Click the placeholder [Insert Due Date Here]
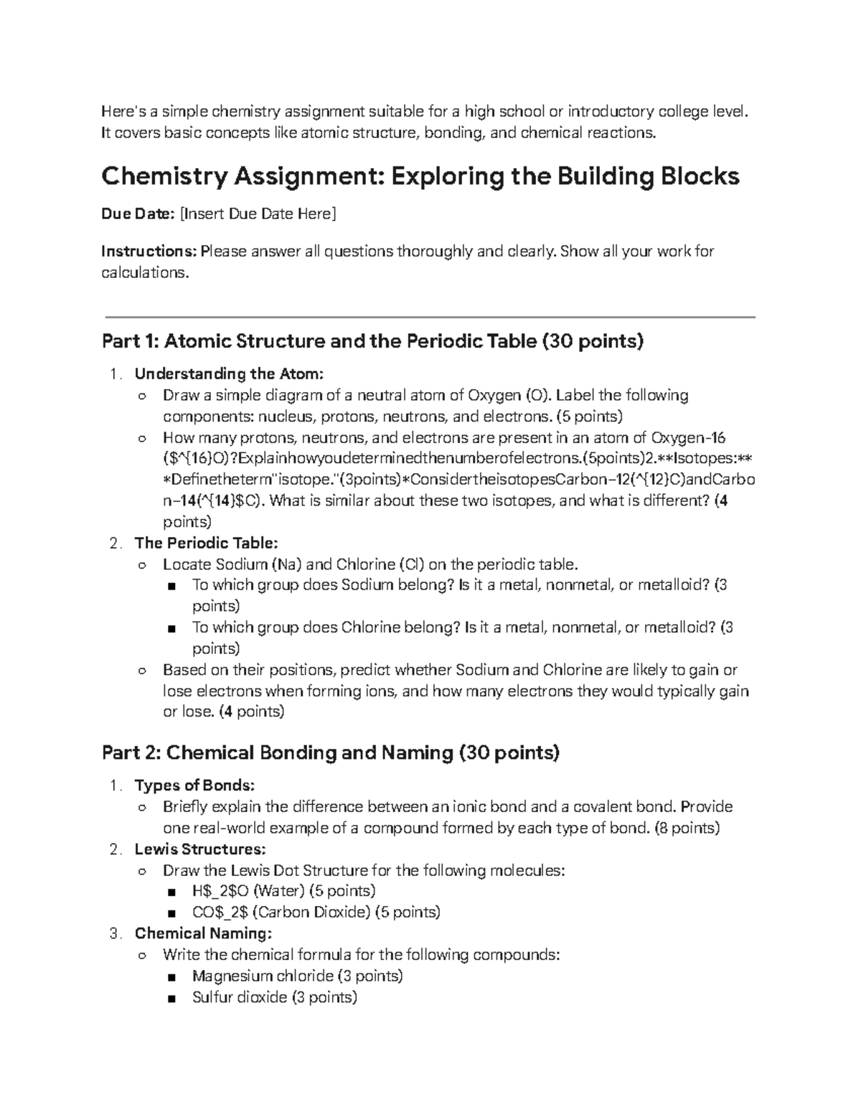257,214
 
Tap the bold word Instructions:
149,251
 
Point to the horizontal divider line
430,317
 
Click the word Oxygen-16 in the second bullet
688,438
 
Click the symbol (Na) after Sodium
286,564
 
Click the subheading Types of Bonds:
194,785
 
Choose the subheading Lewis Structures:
199,849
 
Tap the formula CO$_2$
220,913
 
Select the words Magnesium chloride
263,976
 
